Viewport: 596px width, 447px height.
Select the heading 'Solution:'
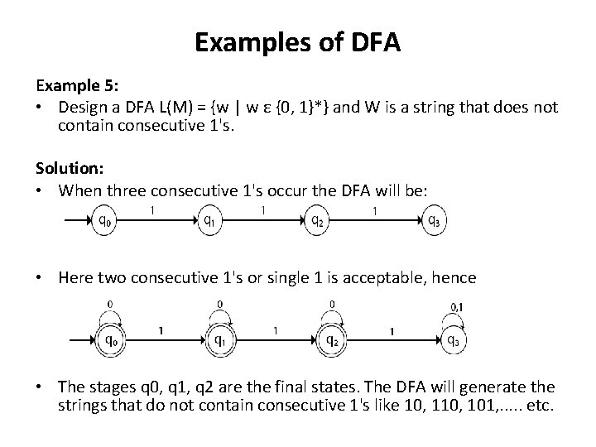coord(69,168)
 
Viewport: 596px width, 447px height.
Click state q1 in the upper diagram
coord(210,221)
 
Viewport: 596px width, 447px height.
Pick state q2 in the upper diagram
coord(316,221)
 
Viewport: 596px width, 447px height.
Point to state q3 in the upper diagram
coord(434,221)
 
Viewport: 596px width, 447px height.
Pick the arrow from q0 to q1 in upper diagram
coord(157,221)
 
